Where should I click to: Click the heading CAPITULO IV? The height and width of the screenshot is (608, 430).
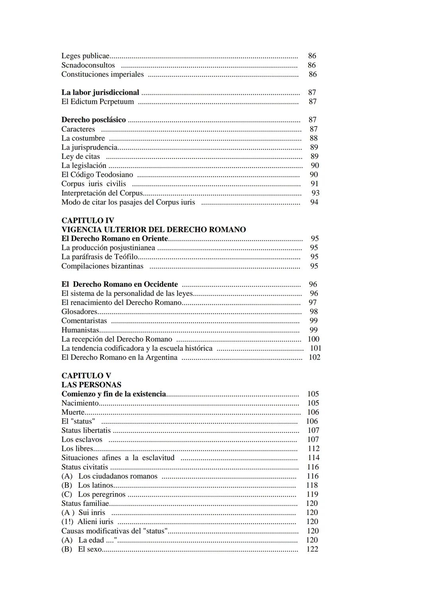tap(88, 220)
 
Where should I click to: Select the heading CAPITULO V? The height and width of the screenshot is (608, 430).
tap(86, 376)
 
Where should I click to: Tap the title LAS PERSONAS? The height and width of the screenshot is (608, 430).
tap(91, 385)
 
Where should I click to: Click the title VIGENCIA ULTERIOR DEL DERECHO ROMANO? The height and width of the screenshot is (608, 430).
tap(153, 230)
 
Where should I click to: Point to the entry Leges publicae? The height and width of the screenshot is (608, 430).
tap(85, 56)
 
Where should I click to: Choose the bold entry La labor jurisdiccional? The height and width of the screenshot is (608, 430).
tap(100, 92)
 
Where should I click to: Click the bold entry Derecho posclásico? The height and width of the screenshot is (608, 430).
tap(94, 120)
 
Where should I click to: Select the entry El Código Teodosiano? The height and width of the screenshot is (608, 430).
tap(97, 175)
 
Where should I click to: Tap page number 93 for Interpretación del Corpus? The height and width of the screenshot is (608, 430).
tap(315, 193)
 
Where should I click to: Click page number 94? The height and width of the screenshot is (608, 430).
tap(314, 202)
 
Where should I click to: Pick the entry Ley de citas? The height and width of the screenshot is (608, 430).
tap(80, 156)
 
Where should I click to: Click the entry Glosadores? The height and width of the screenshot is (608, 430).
tap(79, 312)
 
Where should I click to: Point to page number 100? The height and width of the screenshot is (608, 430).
tap(313, 339)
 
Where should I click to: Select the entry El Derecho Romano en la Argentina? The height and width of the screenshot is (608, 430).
tap(119, 357)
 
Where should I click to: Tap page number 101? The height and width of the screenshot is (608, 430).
tap(315, 348)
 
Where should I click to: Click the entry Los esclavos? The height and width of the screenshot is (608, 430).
tap(82, 440)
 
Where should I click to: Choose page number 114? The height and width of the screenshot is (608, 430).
tap(313, 458)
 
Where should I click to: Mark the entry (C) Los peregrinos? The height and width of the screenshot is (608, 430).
tap(93, 494)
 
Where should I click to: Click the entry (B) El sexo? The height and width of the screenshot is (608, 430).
tap(82, 549)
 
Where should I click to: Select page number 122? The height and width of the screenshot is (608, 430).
tap(312, 549)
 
